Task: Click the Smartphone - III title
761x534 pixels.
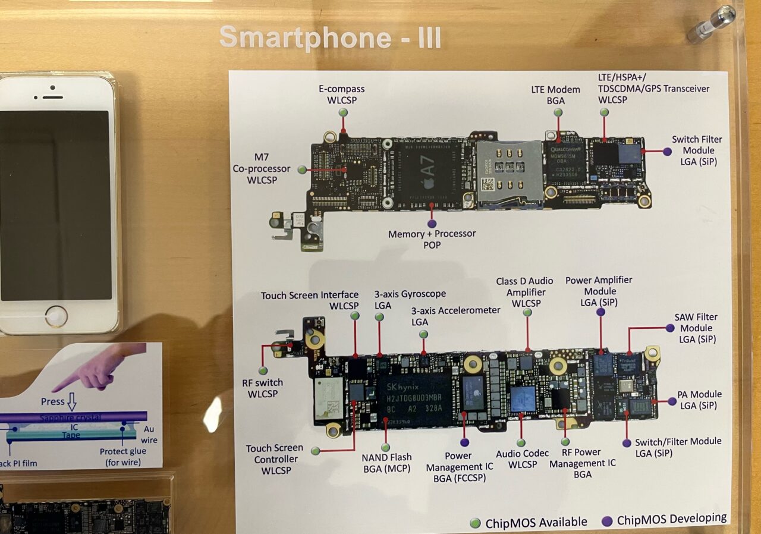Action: point(330,37)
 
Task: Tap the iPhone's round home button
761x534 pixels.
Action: point(56,316)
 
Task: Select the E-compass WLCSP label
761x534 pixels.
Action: point(342,94)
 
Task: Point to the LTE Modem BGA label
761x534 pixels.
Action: point(555,95)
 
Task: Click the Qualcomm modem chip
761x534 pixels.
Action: point(565,162)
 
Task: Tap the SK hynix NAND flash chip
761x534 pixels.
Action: point(414,398)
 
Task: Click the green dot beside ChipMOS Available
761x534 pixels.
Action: point(475,523)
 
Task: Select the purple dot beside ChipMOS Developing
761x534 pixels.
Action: point(607,520)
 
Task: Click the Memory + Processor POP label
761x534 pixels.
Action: point(432,239)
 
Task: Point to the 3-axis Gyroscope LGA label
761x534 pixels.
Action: point(410,299)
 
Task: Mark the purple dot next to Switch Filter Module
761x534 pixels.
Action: point(667,152)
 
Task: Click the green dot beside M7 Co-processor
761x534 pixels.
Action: point(302,169)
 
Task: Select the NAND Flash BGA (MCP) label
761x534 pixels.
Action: point(386,463)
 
